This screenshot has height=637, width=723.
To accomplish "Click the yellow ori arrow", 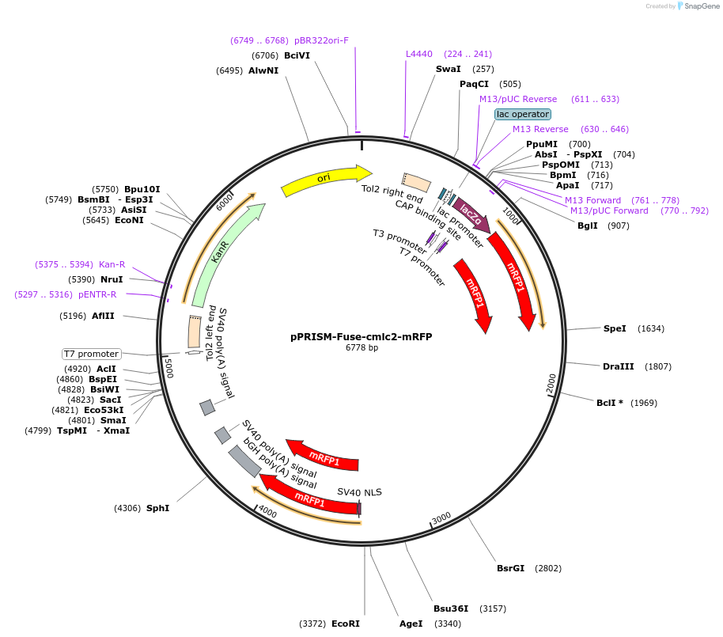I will click(x=325, y=180).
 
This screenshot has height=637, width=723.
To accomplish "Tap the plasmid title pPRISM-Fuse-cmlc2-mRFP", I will click(x=361, y=336).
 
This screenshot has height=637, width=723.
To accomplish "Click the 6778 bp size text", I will click(x=361, y=347).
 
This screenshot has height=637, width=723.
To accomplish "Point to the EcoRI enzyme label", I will click(x=346, y=624).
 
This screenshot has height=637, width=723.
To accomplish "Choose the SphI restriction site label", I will click(x=157, y=508).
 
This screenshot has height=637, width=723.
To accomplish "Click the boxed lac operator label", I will click(x=522, y=114).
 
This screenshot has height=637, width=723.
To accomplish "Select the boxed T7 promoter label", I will click(x=91, y=354).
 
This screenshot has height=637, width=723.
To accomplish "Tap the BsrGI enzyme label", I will click(x=510, y=568).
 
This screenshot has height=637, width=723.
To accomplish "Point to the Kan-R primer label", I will click(x=112, y=264).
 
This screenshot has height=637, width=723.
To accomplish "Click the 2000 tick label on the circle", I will click(x=551, y=383).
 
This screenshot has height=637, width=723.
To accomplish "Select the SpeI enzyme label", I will click(x=615, y=328).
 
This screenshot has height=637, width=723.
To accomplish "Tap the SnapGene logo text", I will click(x=699, y=6).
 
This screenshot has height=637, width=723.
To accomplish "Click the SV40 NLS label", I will click(x=359, y=492).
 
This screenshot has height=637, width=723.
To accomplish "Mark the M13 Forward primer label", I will click(x=592, y=200).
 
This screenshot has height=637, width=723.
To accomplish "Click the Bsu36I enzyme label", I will click(x=451, y=609).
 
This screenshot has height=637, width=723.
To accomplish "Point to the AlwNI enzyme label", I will click(x=263, y=70).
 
